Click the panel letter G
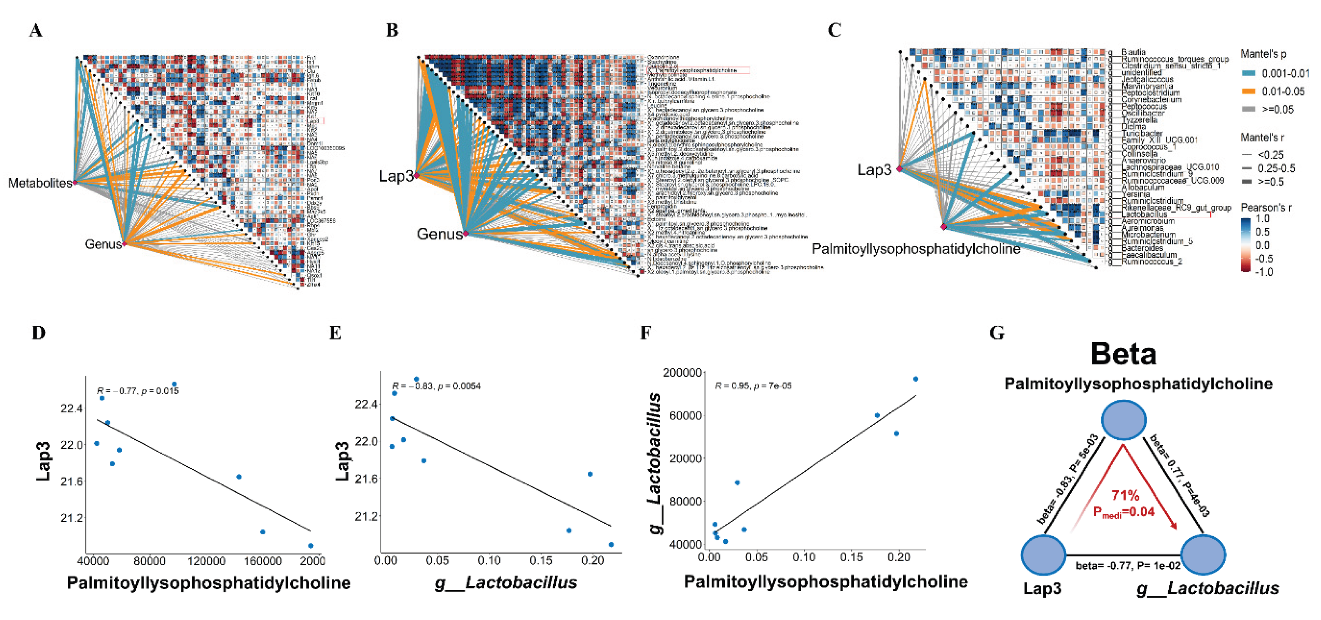point(996,333)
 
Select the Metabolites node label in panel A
point(39,183)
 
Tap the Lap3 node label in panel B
point(395,176)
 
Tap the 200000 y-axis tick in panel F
point(682,373)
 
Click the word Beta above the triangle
point(1123,354)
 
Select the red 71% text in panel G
point(1125,495)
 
